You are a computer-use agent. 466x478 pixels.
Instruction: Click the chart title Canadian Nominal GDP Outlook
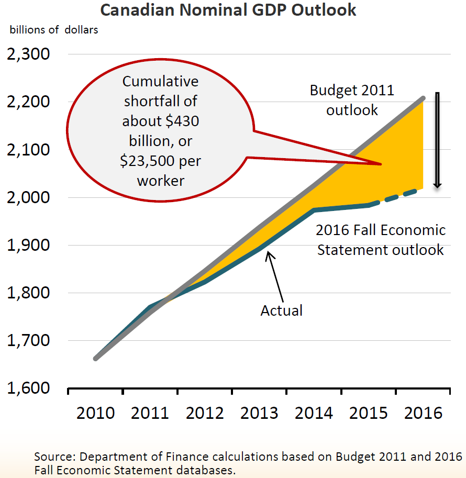click(228, 10)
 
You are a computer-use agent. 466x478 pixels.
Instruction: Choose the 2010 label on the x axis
click(96, 413)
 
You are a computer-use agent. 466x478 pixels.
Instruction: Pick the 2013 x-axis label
click(260, 413)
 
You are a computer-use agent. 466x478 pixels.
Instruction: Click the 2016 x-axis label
click(424, 413)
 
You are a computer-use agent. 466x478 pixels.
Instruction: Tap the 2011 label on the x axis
click(150, 413)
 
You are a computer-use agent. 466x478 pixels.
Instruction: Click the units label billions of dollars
click(54, 30)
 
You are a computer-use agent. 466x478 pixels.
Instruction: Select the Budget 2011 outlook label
click(352, 100)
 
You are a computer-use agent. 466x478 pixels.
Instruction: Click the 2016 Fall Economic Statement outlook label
click(381, 240)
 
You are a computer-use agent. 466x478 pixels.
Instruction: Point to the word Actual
click(282, 310)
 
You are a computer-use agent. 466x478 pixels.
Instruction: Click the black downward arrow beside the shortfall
click(438, 140)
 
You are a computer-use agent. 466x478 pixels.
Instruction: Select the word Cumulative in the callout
click(160, 82)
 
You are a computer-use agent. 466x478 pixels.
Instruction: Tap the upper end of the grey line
click(423, 98)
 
